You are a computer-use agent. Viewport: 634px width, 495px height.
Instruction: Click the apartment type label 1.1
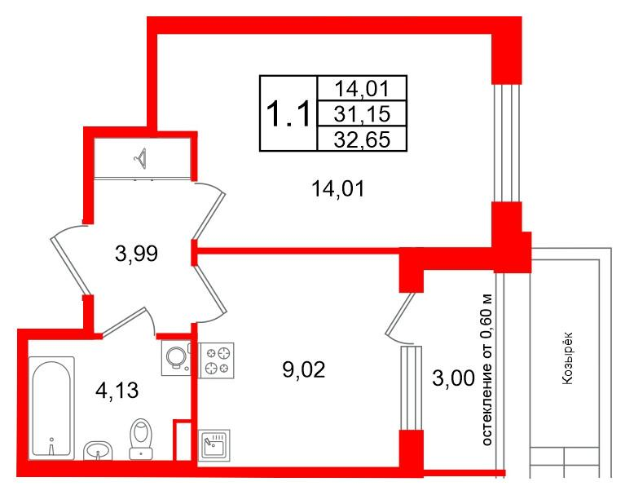pyautogui.click(x=288, y=113)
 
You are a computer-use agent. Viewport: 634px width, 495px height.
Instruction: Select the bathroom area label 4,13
pyautogui.click(x=116, y=390)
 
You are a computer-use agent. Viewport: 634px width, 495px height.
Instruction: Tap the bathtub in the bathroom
pyautogui.click(x=51, y=408)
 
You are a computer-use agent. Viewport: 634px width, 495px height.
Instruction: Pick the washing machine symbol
pyautogui.click(x=174, y=358)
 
